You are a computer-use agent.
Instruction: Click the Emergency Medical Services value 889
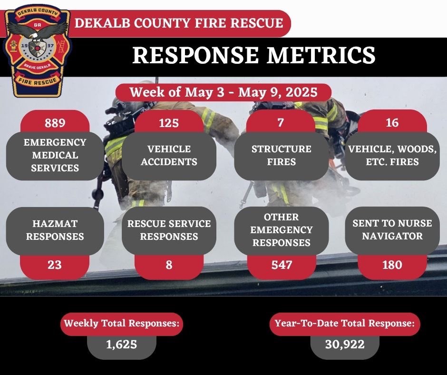tap(55, 123)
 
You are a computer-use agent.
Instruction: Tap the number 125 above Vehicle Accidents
tap(169, 123)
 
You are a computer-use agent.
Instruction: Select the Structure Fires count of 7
tap(281, 123)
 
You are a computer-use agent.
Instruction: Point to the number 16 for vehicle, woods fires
tap(392, 123)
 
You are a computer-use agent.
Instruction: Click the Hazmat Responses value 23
tap(55, 265)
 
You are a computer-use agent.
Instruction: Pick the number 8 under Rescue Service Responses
tap(169, 265)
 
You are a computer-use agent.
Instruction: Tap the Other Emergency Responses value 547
tap(282, 265)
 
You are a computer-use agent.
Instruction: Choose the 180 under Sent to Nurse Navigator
tap(392, 265)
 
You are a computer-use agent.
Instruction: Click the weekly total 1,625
tap(122, 344)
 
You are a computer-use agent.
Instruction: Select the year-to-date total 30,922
tap(345, 344)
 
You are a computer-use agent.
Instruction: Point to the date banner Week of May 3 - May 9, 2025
tap(223, 91)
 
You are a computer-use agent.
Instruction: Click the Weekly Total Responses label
tap(122, 324)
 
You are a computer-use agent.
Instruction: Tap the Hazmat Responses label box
tap(55, 230)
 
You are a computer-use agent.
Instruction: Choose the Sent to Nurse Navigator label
tap(392, 230)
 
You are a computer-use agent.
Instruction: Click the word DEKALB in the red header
tap(98, 23)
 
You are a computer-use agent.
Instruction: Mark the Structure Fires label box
tap(282, 156)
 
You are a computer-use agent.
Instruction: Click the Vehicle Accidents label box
tap(169, 156)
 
